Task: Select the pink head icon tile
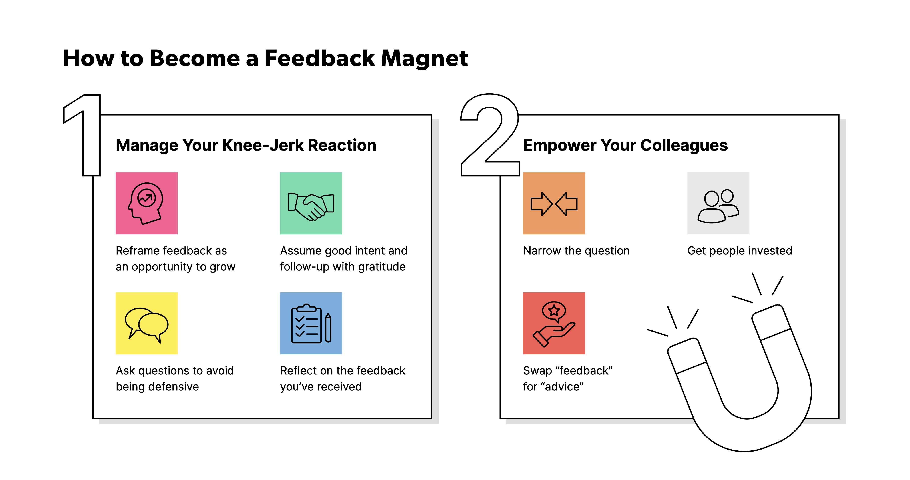click(x=147, y=203)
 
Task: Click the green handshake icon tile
click(x=311, y=203)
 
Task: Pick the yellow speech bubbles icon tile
click(x=147, y=323)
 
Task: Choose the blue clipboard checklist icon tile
click(x=311, y=323)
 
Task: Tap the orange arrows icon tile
click(x=554, y=203)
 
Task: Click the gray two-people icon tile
click(x=718, y=203)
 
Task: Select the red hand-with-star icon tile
click(x=554, y=323)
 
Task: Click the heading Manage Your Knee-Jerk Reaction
click(x=246, y=145)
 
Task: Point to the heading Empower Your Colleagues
click(x=625, y=145)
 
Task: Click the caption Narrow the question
click(x=576, y=251)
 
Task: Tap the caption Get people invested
click(x=740, y=251)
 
